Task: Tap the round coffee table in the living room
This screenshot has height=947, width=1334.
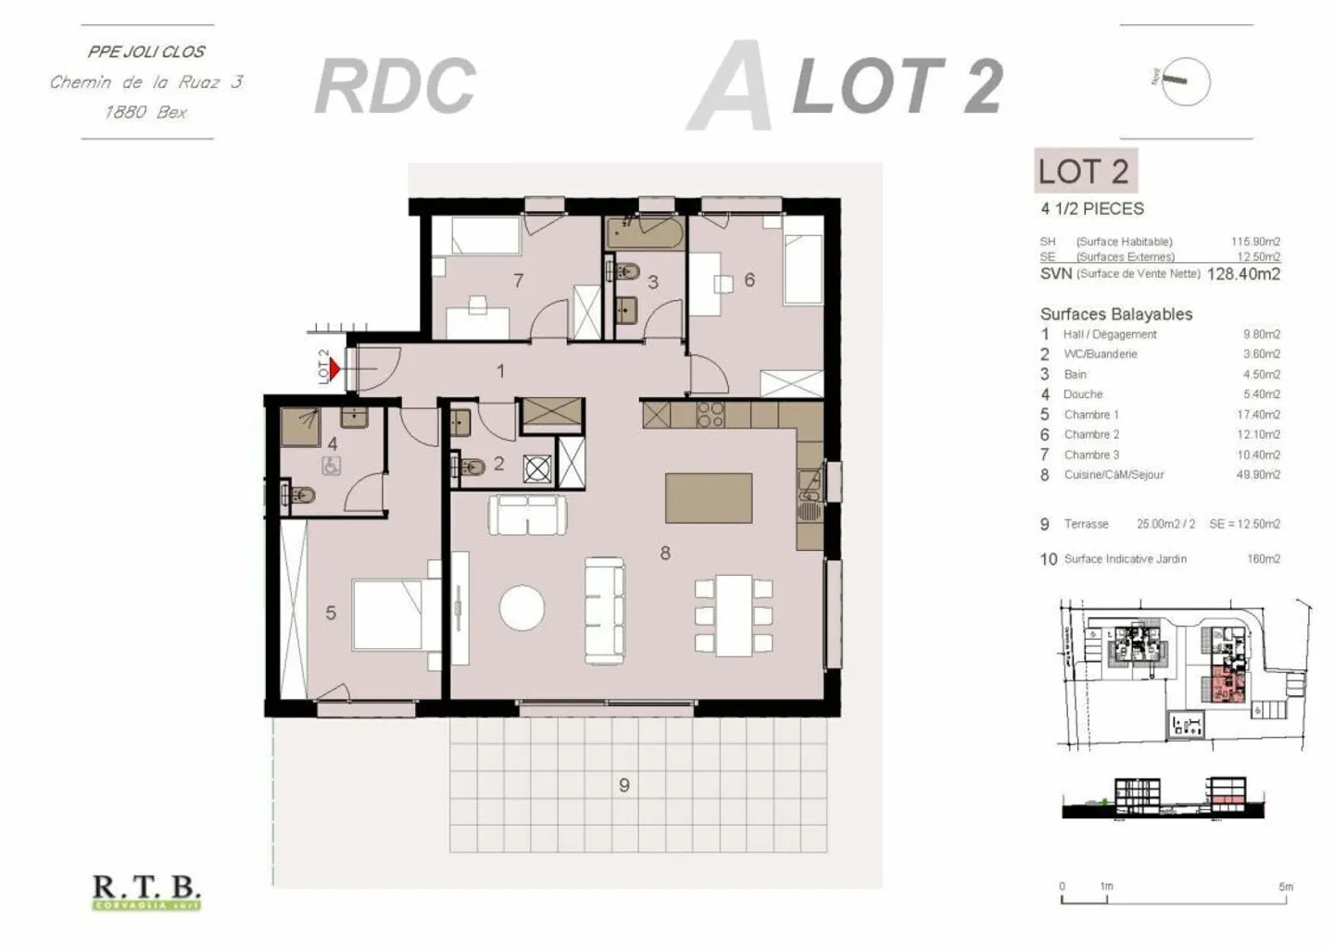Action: pos(522,608)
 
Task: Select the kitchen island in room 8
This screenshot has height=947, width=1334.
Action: pos(708,497)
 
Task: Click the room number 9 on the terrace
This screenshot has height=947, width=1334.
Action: pos(623,785)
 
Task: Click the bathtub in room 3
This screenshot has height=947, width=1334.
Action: pos(645,231)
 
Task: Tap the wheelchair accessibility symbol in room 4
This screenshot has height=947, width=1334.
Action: pos(331,467)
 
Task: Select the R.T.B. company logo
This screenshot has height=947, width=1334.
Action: pos(146,891)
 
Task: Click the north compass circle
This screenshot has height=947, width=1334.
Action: pos(1186,81)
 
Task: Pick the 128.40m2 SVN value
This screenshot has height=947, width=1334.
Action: pos(1243,274)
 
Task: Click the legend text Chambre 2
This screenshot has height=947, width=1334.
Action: pos(1091,434)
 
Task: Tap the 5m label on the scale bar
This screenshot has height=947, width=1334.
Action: pos(1285,886)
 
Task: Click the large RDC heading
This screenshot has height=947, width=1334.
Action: pos(396,86)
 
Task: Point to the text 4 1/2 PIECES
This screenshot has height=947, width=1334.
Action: pos(1092,209)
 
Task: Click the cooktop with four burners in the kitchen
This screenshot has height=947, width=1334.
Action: pos(710,415)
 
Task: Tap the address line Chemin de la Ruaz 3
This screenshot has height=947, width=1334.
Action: pos(146,82)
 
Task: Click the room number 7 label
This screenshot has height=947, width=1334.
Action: pos(519,280)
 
